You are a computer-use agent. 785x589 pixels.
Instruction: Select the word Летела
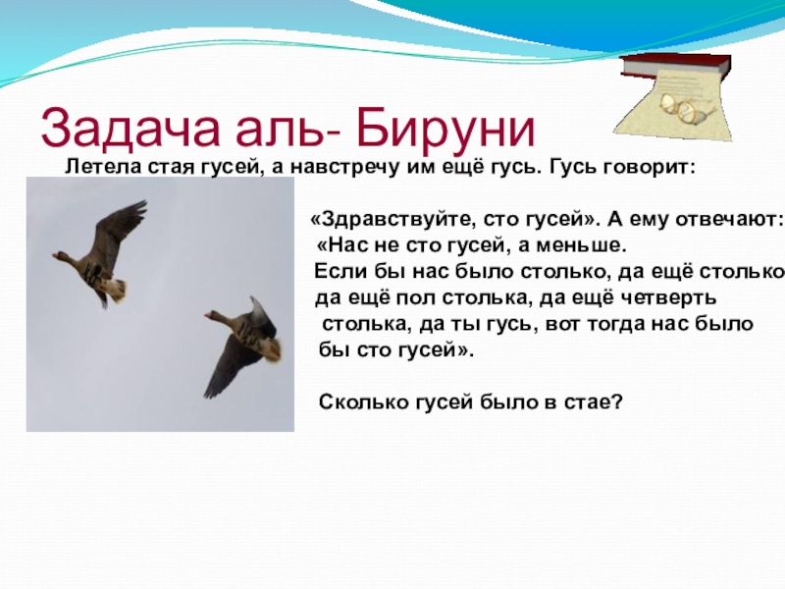coord(95,167)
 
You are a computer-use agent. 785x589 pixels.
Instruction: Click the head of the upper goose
coord(61,257)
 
